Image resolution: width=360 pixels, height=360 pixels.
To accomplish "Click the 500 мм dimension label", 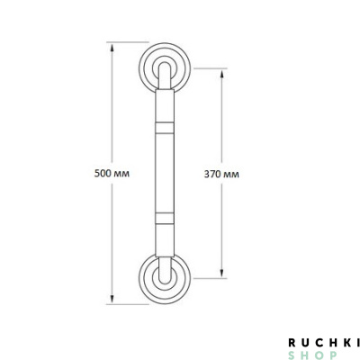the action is click(x=112, y=174).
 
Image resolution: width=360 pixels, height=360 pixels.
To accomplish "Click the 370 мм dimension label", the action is click(x=221, y=174).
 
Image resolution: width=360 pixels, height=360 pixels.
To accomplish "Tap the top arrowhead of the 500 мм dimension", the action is click(x=112, y=48).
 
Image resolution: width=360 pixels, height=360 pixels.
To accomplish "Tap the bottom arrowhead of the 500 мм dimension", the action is click(x=112, y=299).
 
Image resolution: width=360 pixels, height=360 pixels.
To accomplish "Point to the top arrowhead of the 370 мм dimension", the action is click(x=221, y=74).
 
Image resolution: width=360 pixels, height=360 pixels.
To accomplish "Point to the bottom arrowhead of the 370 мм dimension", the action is click(x=221, y=273).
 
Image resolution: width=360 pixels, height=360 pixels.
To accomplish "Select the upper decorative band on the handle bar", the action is click(x=165, y=128).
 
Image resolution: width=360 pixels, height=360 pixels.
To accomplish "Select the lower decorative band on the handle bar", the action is click(x=165, y=218).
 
